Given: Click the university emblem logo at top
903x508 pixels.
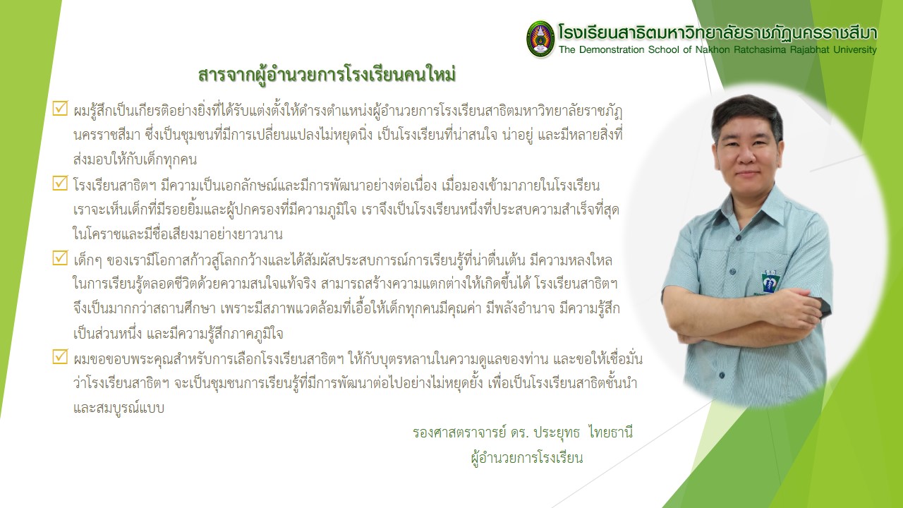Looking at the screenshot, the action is click(x=540, y=39).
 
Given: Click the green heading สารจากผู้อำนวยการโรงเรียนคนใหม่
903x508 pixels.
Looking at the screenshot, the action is click(x=327, y=75).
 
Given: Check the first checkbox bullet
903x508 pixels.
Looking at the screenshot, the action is click(x=60, y=108).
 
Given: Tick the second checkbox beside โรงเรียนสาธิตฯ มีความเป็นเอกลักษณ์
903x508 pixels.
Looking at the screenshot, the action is click(x=60, y=183).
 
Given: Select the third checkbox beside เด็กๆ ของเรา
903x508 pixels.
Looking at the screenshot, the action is click(x=60, y=258).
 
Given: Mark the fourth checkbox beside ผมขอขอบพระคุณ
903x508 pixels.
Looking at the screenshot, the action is click(x=60, y=356).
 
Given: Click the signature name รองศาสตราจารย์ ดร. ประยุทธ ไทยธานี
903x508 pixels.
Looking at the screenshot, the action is click(x=523, y=433).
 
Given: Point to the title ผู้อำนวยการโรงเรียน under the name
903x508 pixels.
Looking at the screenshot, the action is click(x=527, y=458).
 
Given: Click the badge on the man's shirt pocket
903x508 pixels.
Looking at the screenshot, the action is click(x=770, y=282).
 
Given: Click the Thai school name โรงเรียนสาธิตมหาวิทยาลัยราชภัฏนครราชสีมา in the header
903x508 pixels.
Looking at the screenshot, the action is click(x=717, y=33).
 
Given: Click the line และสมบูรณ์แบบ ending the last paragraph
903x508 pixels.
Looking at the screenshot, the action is click(x=119, y=408).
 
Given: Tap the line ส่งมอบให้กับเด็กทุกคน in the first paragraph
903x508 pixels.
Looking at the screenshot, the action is click(x=135, y=159).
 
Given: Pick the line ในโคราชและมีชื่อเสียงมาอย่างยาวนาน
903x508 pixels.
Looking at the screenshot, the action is click(x=178, y=234).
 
